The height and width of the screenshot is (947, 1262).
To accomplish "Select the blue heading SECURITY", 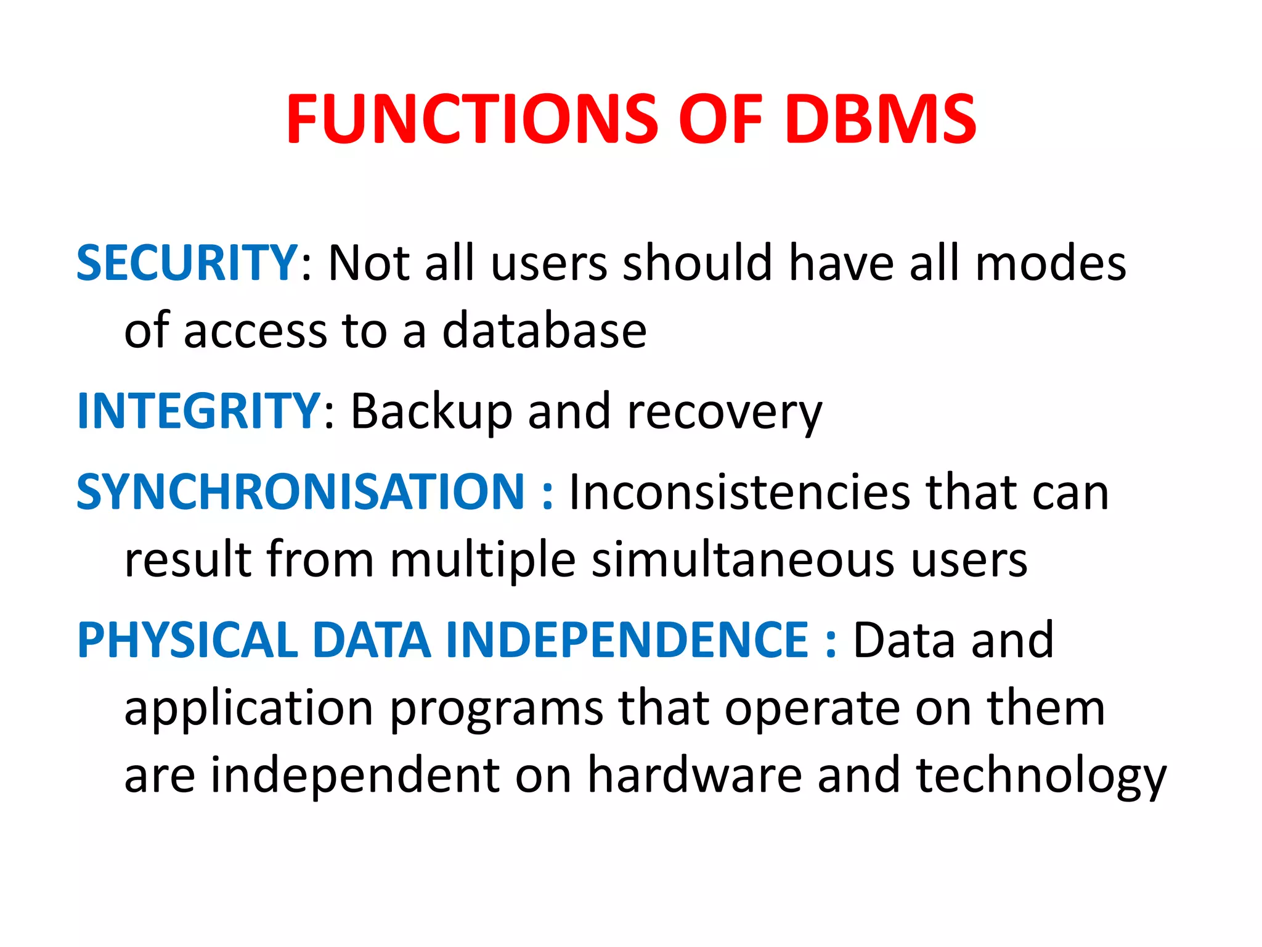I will tap(187, 263).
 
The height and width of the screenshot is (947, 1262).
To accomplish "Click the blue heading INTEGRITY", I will tap(198, 411).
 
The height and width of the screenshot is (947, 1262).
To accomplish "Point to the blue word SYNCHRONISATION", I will tap(300, 492).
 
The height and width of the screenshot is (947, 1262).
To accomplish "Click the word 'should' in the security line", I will tap(697, 263).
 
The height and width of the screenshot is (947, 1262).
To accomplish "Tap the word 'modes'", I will tap(1051, 263).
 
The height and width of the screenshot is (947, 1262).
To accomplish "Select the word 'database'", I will tap(545, 331).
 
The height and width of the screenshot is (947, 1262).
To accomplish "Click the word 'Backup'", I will tap(431, 411).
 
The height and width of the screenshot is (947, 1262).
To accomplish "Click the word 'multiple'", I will tap(483, 560).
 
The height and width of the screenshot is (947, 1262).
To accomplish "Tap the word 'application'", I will tap(249, 708).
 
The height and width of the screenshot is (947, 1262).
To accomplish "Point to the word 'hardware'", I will tap(694, 775).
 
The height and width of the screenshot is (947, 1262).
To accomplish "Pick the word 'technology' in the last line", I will tap(1041, 776).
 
